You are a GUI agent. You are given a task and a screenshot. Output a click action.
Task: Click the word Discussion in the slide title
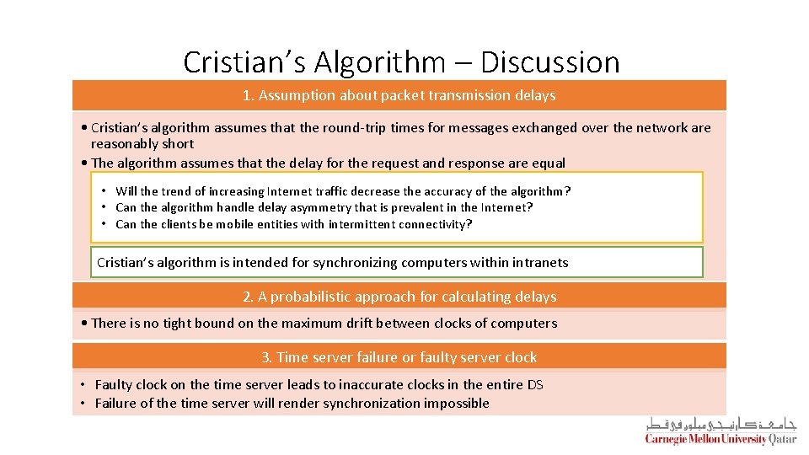[550, 62]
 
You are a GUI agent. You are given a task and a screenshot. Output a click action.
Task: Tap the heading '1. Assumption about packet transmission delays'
[399, 95]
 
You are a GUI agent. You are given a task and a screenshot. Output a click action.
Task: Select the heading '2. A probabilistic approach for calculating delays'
[399, 297]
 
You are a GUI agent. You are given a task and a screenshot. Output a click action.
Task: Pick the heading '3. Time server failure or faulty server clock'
[399, 357]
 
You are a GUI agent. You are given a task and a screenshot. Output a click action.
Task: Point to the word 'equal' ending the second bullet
[548, 163]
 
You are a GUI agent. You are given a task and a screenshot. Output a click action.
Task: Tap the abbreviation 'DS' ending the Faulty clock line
[535, 385]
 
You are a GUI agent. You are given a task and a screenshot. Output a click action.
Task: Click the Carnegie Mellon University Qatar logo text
[721, 439]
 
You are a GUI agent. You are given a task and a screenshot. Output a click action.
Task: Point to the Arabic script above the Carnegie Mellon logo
[721, 424]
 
